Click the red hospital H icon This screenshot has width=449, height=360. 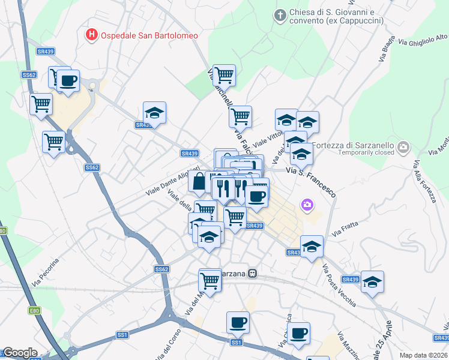click(x=91, y=35)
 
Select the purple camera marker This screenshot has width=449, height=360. click(x=307, y=206)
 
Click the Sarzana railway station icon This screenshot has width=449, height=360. click(x=253, y=273)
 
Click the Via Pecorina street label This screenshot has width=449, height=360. click(x=46, y=272)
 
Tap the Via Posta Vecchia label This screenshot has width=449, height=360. click(x=339, y=286)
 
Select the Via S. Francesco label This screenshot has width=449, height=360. click(x=310, y=181)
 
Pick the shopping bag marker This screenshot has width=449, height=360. click(x=198, y=181)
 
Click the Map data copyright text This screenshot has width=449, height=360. click(x=423, y=355)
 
